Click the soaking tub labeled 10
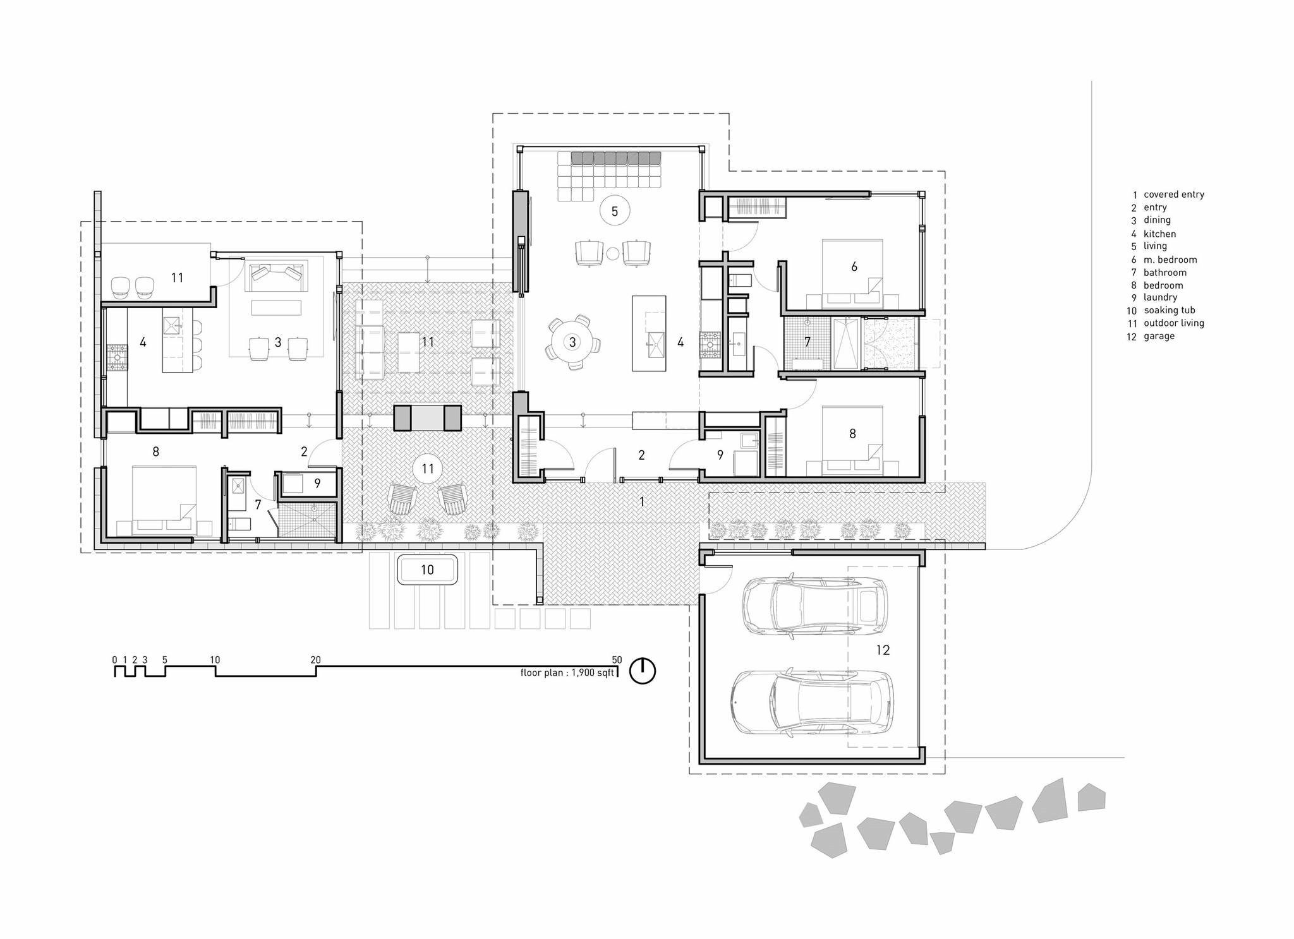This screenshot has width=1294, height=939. [x=428, y=570]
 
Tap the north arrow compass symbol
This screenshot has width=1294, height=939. [x=643, y=671]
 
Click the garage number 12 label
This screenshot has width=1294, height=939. [x=883, y=650]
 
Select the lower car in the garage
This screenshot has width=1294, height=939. [x=812, y=702]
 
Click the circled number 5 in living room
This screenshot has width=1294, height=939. [x=615, y=211]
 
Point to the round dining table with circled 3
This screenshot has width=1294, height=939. [x=572, y=342]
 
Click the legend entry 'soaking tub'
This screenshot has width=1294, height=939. [x=1169, y=310]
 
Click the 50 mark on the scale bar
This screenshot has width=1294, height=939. [x=617, y=660]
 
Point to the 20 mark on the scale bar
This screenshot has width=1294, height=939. [x=315, y=660]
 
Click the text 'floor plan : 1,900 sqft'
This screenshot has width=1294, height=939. [x=567, y=673]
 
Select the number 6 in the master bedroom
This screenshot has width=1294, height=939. [x=854, y=266]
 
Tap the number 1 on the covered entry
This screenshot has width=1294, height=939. [x=642, y=502]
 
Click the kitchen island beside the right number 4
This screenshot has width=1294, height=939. [x=649, y=333]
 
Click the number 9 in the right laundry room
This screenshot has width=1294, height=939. [x=720, y=455]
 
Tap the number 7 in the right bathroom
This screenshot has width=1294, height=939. [x=807, y=342]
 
